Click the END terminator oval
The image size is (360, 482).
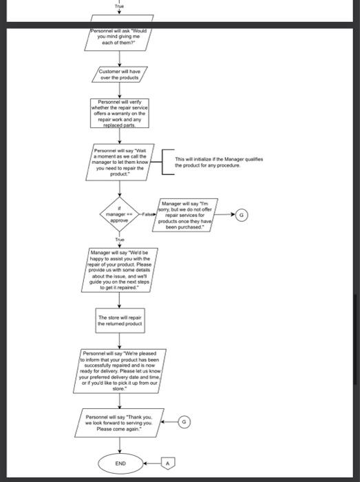[x=120, y=464]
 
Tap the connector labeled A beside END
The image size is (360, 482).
[x=166, y=464]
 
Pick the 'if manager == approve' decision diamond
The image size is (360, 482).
[x=120, y=215]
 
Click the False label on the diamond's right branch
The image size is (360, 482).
[x=148, y=216]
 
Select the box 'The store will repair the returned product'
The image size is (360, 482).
[x=120, y=320]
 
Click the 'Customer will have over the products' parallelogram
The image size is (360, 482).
[x=120, y=74]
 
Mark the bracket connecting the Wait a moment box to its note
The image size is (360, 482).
[x=162, y=163]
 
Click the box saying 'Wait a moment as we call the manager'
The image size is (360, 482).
[x=120, y=163]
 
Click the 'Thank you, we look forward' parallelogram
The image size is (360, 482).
[x=120, y=421]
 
